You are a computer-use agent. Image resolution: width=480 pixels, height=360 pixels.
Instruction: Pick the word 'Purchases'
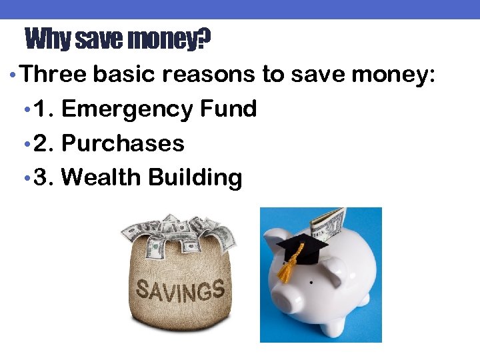point(123,143)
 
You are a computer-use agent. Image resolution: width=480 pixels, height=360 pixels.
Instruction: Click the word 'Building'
point(195,178)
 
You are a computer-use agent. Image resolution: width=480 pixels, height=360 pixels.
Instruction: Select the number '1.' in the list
point(43,109)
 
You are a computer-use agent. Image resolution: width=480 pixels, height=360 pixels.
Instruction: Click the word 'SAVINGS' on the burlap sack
point(180,291)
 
